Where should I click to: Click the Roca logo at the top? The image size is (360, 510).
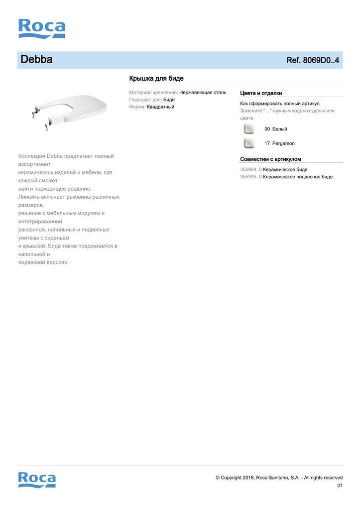click(x=42, y=28)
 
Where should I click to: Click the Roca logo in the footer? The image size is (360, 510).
click(x=37, y=480)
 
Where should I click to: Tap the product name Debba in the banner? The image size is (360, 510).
click(x=36, y=60)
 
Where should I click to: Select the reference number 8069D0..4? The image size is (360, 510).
click(x=313, y=60)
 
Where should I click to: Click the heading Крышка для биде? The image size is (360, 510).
click(x=156, y=78)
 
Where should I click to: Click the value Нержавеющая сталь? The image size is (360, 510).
click(x=203, y=93)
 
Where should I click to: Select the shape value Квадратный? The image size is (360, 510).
click(x=160, y=107)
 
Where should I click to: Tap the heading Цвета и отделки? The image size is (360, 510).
click(x=261, y=93)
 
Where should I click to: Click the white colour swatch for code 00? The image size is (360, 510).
click(x=249, y=129)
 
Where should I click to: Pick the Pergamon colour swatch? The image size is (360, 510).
click(x=249, y=143)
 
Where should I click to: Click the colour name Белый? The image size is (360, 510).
click(x=279, y=129)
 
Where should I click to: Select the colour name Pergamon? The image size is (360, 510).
click(x=283, y=143)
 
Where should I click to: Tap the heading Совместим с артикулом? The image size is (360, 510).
click(x=270, y=159)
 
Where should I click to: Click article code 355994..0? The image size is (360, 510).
click(x=250, y=169)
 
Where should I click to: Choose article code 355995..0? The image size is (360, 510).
click(x=250, y=177)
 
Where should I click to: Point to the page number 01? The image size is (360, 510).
click(x=340, y=486)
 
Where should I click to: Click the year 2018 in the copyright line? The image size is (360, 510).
click(x=248, y=478)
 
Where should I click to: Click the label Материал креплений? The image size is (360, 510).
click(x=153, y=93)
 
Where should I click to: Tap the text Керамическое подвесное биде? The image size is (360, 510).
click(x=298, y=177)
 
